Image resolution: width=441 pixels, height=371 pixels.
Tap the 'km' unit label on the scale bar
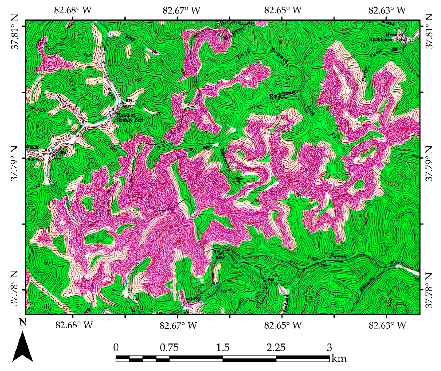point(339,358)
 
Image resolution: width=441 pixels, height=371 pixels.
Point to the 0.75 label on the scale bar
point(169,347)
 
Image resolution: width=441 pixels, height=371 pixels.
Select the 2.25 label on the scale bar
point(276,347)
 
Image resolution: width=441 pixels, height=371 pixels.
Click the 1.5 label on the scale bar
point(223,347)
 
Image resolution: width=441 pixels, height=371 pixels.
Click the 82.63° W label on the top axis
point(387,10)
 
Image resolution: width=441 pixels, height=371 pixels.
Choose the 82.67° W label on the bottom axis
point(178,325)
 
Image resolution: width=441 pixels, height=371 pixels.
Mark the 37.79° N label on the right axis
point(429,164)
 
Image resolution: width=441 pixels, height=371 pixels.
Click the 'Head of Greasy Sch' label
point(130,118)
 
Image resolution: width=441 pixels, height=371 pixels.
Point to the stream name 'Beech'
point(338,256)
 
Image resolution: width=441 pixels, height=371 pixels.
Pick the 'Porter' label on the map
point(365,73)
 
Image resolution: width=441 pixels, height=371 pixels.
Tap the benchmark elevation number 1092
point(220,257)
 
